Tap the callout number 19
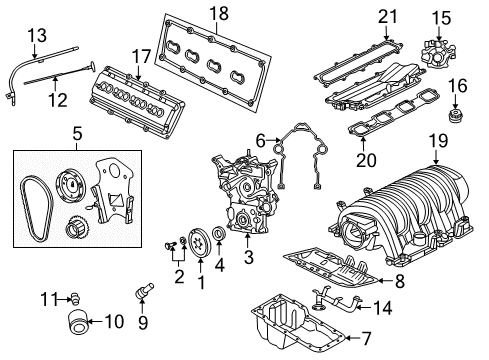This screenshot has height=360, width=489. [436, 143]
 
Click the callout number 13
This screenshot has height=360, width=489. [36, 36]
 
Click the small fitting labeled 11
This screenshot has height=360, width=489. [73, 296]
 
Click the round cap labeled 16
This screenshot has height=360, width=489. [456, 118]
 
